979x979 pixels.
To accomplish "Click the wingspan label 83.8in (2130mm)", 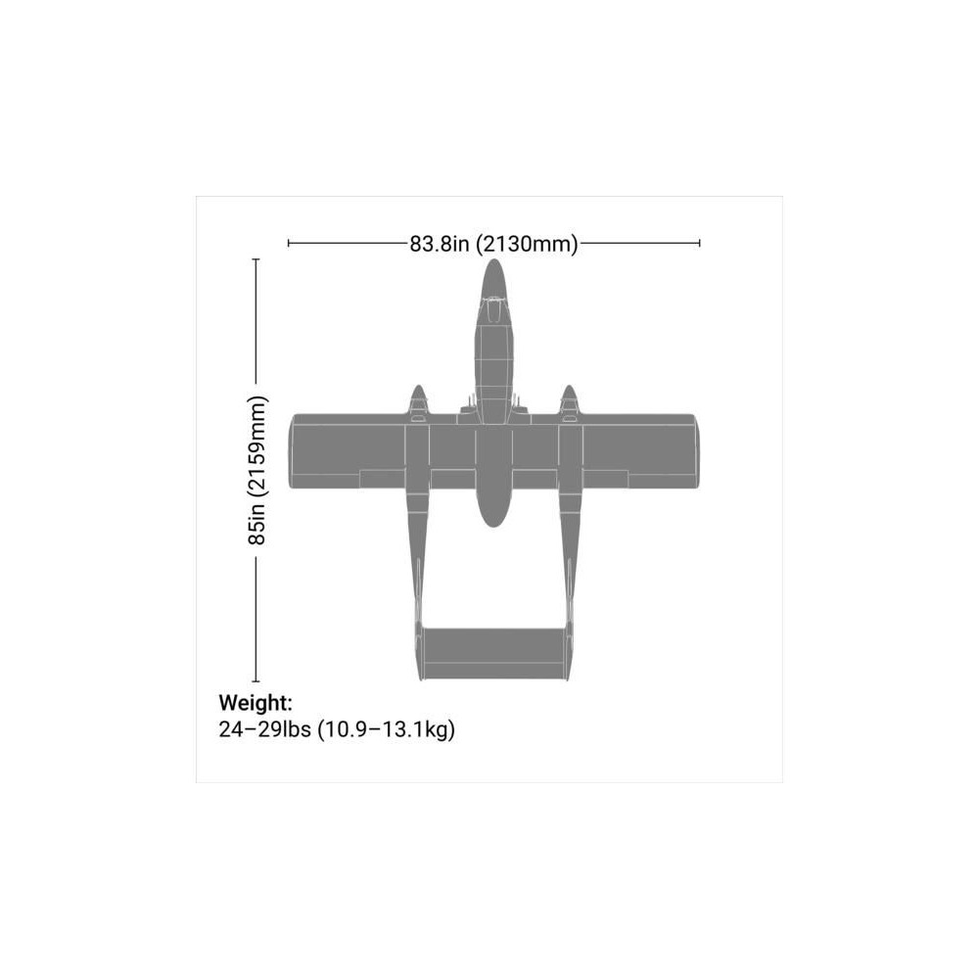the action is pyautogui.click(x=493, y=244).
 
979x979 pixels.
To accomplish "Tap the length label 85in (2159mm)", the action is pyautogui.click(x=257, y=470).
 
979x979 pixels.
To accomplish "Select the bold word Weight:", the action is pyautogui.click(x=256, y=703).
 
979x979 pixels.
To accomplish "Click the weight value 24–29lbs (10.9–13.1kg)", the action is pyautogui.click(x=337, y=729).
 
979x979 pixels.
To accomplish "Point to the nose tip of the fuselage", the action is pyautogui.click(x=493, y=259).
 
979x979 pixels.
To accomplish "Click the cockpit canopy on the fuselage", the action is pyautogui.click(x=493, y=309).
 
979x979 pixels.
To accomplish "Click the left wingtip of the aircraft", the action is pyautogui.click(x=291, y=450).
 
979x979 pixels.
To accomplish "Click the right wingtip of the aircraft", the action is pyautogui.click(x=697, y=450).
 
